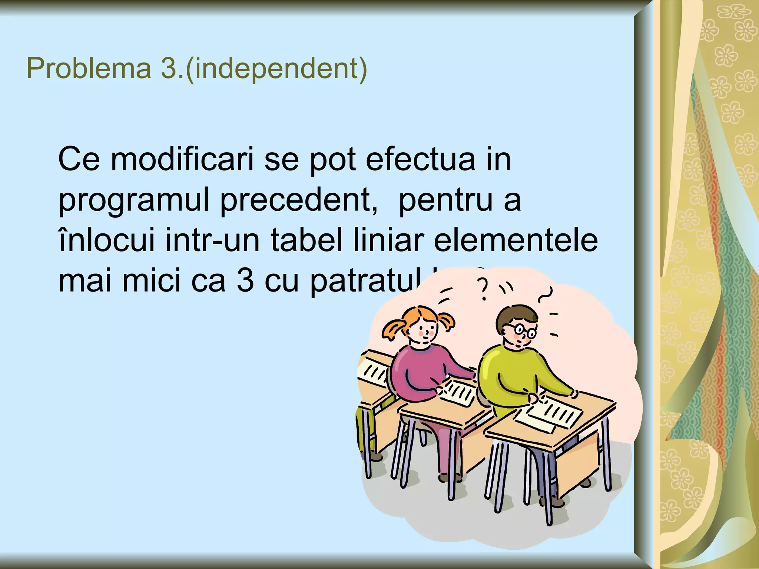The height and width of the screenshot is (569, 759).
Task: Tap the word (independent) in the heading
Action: coord(276,69)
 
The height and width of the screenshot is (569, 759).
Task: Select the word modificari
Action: coord(182,159)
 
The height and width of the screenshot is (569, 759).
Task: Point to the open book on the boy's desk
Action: coord(548,413)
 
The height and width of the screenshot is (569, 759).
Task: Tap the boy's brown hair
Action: coord(515,315)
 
